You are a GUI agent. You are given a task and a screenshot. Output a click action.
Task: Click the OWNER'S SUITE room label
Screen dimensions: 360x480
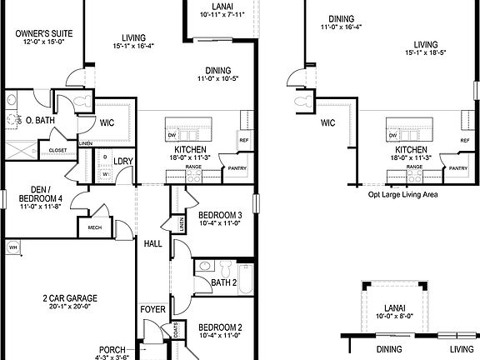point(44,34)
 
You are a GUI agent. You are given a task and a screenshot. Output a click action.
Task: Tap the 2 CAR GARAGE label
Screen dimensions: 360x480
point(71,297)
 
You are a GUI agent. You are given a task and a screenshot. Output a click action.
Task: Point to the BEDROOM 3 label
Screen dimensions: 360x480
point(221,214)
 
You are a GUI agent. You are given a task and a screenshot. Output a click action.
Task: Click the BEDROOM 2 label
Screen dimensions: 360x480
point(221,327)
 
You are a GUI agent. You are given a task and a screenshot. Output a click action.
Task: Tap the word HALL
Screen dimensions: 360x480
point(153,243)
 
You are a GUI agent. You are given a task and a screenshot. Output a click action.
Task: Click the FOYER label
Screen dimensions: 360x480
point(153,310)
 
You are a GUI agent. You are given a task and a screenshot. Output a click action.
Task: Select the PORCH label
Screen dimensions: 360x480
point(112,350)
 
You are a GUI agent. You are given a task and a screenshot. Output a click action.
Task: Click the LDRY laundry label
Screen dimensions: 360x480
point(124,161)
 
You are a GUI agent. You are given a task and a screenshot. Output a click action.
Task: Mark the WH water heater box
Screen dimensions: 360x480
point(12,247)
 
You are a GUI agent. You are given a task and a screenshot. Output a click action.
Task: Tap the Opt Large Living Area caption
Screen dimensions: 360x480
point(402,194)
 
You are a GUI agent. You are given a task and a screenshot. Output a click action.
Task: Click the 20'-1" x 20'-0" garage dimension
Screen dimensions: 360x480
point(71,307)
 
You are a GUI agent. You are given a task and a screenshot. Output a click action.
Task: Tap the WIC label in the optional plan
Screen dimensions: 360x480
point(327,122)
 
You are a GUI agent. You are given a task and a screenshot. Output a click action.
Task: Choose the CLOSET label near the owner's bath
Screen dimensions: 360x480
point(58,150)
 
